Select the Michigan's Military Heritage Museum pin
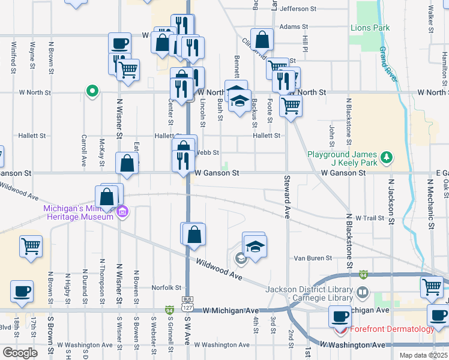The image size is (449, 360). pos(123,211)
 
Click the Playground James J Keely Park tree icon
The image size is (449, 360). pos(388,157)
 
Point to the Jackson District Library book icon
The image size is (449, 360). pos(362,293)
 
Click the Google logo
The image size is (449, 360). pos(20,352)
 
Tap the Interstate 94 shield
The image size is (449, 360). pos(364,275)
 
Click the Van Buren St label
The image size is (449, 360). pos(312,258)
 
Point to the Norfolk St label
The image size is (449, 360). pos(166,287)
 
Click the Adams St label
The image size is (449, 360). pos(294,27)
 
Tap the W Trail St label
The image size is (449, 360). pos(369,218)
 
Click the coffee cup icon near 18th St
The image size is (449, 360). pos(22,292)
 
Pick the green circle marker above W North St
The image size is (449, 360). pos(92,91)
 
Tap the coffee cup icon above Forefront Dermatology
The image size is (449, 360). pos(340,315)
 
